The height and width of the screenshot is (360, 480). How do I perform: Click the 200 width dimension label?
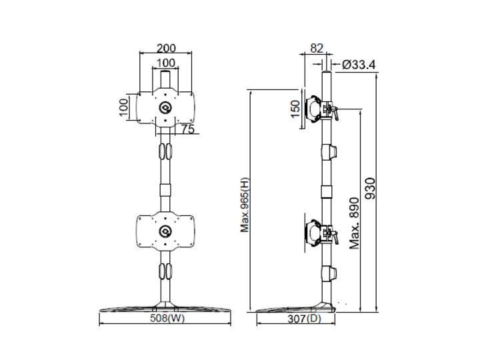click(x=165, y=49)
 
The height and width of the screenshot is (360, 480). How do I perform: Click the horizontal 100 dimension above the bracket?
click(x=165, y=63)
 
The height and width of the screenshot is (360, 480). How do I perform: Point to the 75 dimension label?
click(x=188, y=130)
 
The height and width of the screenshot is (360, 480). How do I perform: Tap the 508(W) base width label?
click(x=165, y=318)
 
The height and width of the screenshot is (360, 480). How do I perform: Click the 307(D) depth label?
click(x=300, y=319)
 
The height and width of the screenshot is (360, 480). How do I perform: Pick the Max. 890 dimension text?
click(x=355, y=222)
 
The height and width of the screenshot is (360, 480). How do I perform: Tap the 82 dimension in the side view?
click(x=317, y=49)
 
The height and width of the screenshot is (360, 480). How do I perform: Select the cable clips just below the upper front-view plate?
click(x=165, y=151)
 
